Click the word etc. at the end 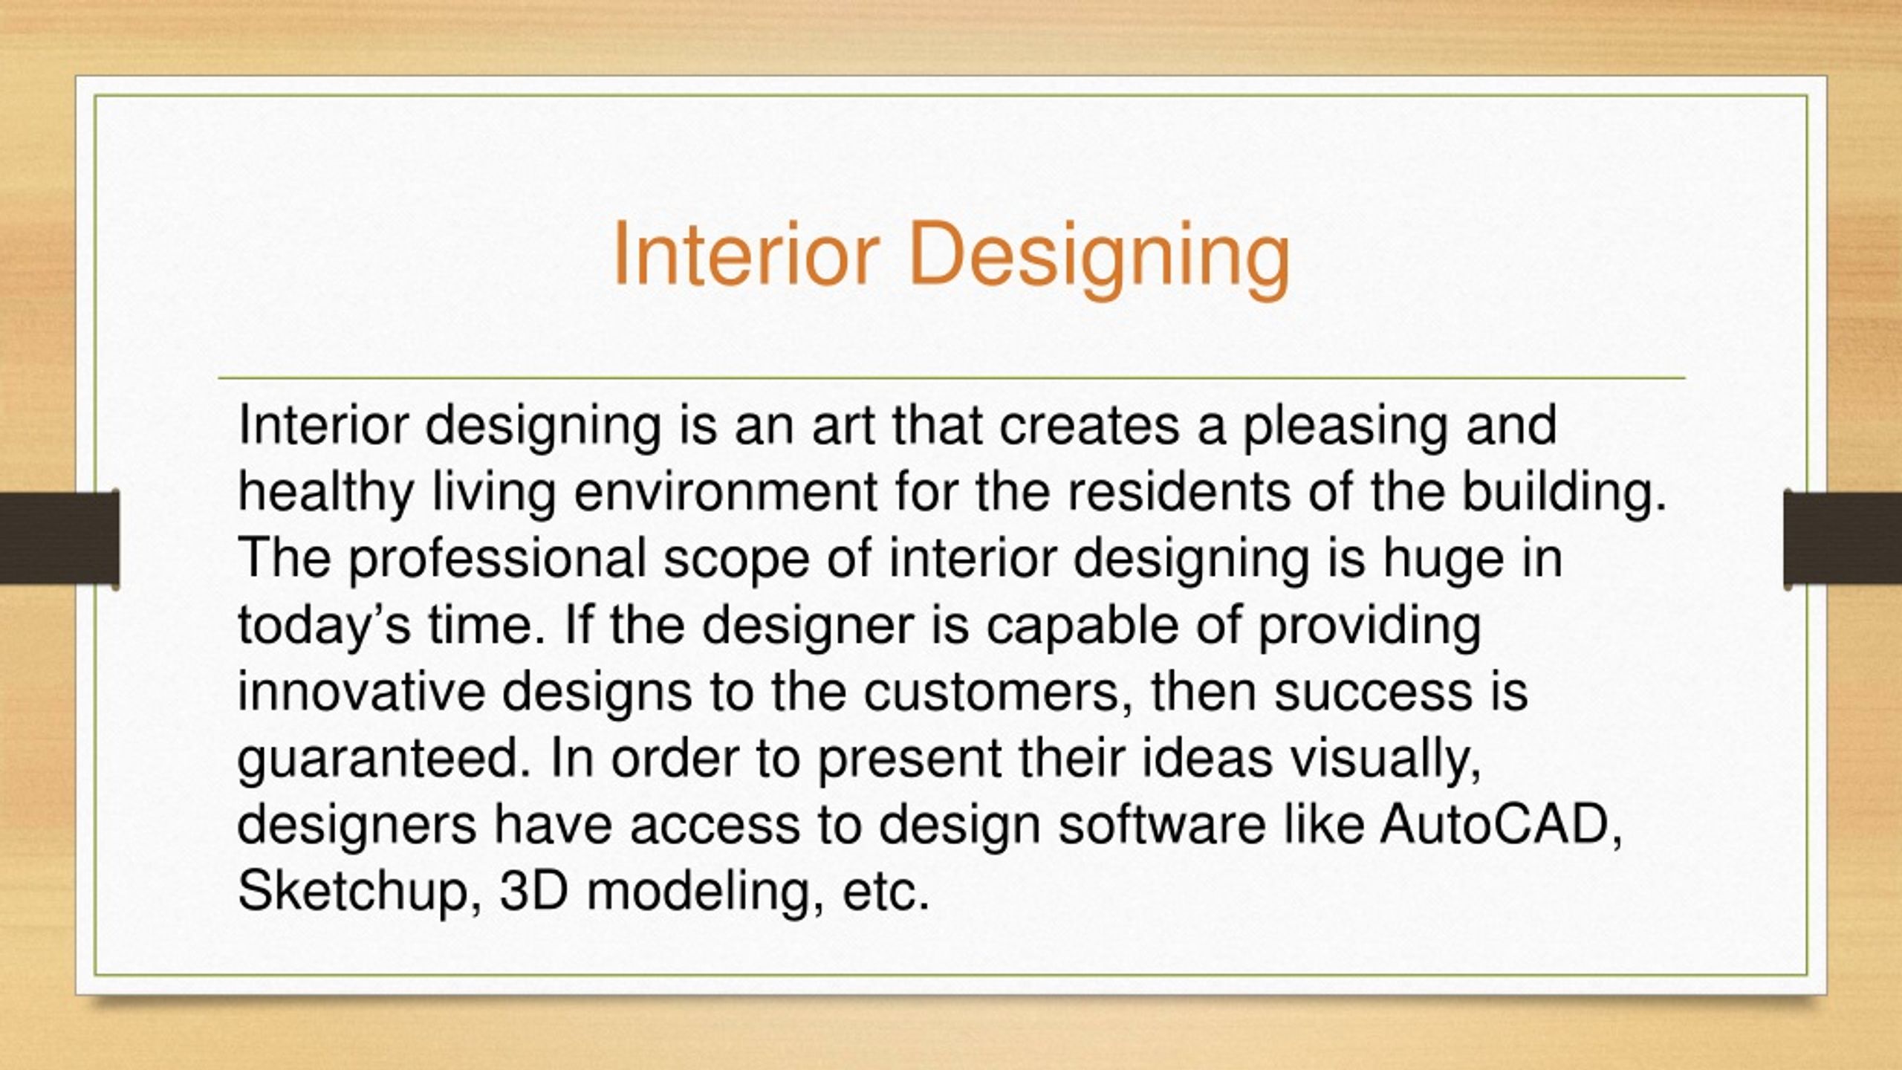tap(886, 892)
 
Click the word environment tap(725, 492)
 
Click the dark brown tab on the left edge tap(59, 537)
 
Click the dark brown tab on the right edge tap(1843, 537)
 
